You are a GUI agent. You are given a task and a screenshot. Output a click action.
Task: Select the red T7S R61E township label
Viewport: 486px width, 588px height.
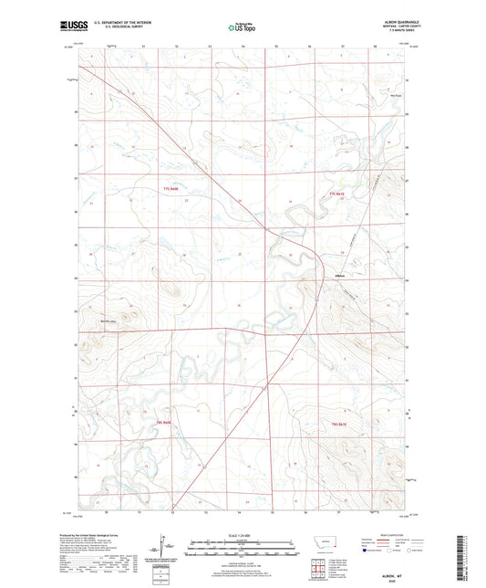click(341, 195)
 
